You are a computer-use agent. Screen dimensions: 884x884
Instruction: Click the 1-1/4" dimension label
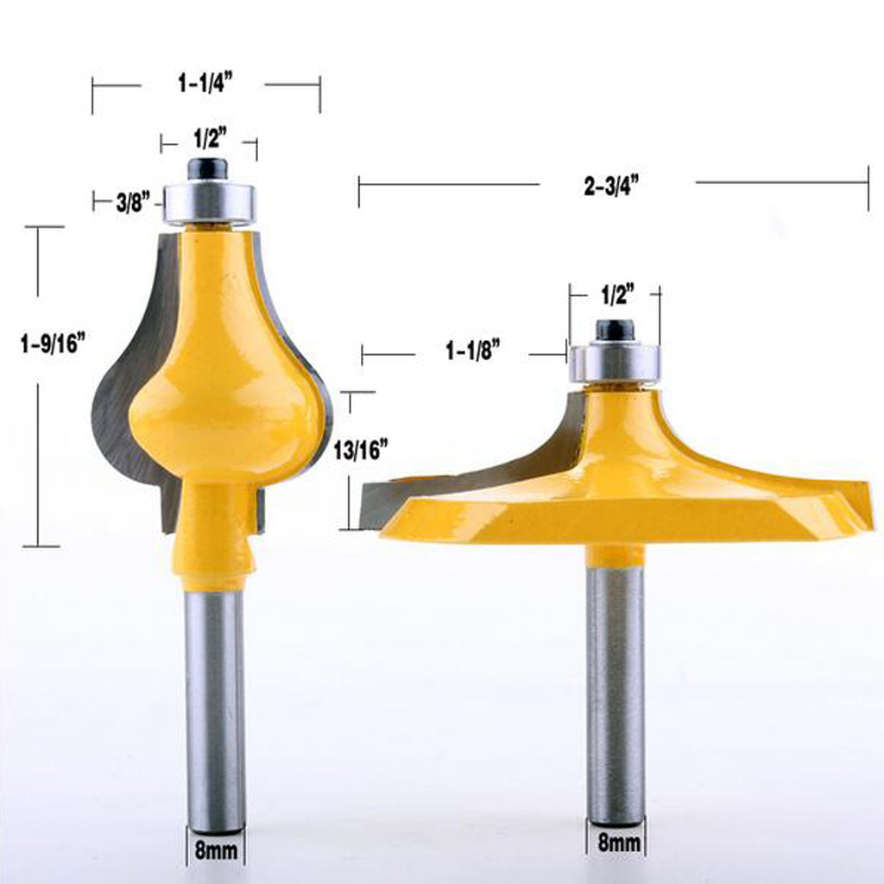coord(205,84)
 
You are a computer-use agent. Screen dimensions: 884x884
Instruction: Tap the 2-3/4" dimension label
coord(612,186)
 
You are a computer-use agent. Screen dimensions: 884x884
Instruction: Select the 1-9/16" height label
coord(53,343)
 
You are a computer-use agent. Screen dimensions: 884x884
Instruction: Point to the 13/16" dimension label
coord(361,451)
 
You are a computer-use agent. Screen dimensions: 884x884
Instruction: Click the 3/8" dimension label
coord(133,202)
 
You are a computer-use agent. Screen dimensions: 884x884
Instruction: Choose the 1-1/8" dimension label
coord(473,350)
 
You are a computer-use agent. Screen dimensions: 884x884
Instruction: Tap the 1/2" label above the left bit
coord(211,137)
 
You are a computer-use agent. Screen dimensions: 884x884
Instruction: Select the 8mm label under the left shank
coord(216,850)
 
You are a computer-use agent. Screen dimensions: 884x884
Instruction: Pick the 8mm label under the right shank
coord(619,843)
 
